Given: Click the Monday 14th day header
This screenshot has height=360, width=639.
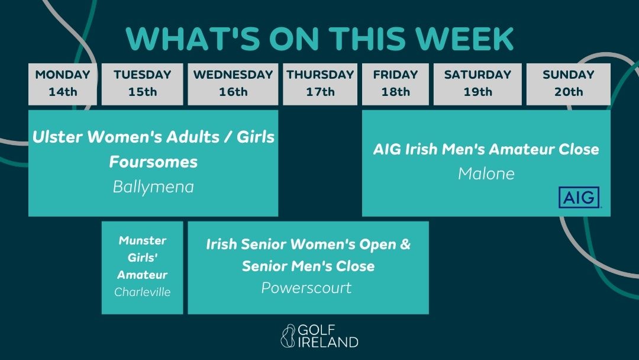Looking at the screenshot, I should tap(62, 83).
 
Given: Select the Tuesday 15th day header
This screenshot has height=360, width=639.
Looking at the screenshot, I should tap(142, 83).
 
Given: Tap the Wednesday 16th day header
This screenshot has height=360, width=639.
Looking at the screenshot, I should tap(233, 83).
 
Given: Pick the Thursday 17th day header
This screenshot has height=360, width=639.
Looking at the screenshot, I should tap(320, 83).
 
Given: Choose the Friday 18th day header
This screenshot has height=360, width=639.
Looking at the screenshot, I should tap(395, 83).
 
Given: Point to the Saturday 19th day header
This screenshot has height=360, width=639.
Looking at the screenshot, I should tap(477, 83).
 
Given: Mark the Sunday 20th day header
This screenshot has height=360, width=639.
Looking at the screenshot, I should tap(569, 83).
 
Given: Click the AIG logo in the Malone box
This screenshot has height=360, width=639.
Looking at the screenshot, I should tap(579, 197).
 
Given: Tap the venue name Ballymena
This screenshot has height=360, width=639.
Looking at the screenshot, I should tap(153, 187).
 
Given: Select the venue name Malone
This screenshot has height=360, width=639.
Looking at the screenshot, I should tap(486, 173).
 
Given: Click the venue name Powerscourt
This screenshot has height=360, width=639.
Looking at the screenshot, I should tap(306, 288).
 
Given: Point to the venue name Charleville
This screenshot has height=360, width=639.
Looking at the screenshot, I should tap(143, 292).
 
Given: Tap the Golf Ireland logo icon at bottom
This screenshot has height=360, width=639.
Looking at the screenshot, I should tap(288, 335).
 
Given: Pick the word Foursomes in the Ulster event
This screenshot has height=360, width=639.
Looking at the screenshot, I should tap(153, 162).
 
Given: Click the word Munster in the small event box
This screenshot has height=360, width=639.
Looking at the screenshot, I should tap(143, 240).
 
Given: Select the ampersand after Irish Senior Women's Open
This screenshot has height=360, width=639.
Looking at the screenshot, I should tap(405, 245).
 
